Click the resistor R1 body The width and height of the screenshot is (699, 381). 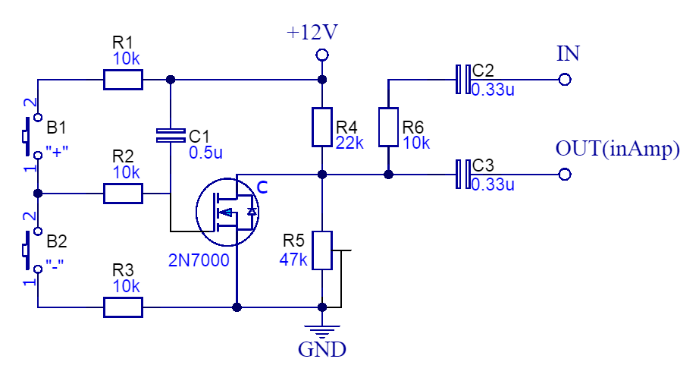(x=123, y=79)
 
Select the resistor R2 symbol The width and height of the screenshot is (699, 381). (x=123, y=194)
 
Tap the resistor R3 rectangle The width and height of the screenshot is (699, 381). (x=123, y=307)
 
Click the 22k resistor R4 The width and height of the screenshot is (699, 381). (x=322, y=127)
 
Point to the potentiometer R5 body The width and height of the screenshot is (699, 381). (x=322, y=250)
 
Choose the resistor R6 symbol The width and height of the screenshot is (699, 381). (x=388, y=127)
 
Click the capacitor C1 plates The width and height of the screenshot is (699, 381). (x=170, y=135)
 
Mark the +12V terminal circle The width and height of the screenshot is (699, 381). (x=322, y=55)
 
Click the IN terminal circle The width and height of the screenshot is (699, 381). (x=563, y=79)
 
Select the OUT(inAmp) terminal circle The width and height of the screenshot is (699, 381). (x=563, y=175)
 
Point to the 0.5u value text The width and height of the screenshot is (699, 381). (x=206, y=153)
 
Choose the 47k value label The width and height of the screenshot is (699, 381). (x=293, y=259)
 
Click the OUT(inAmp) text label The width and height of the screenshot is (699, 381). (x=617, y=149)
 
